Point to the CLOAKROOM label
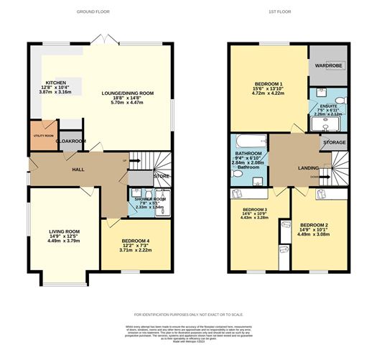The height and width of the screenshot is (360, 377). tap(72, 142)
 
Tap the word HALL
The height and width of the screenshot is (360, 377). tap(79, 170)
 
